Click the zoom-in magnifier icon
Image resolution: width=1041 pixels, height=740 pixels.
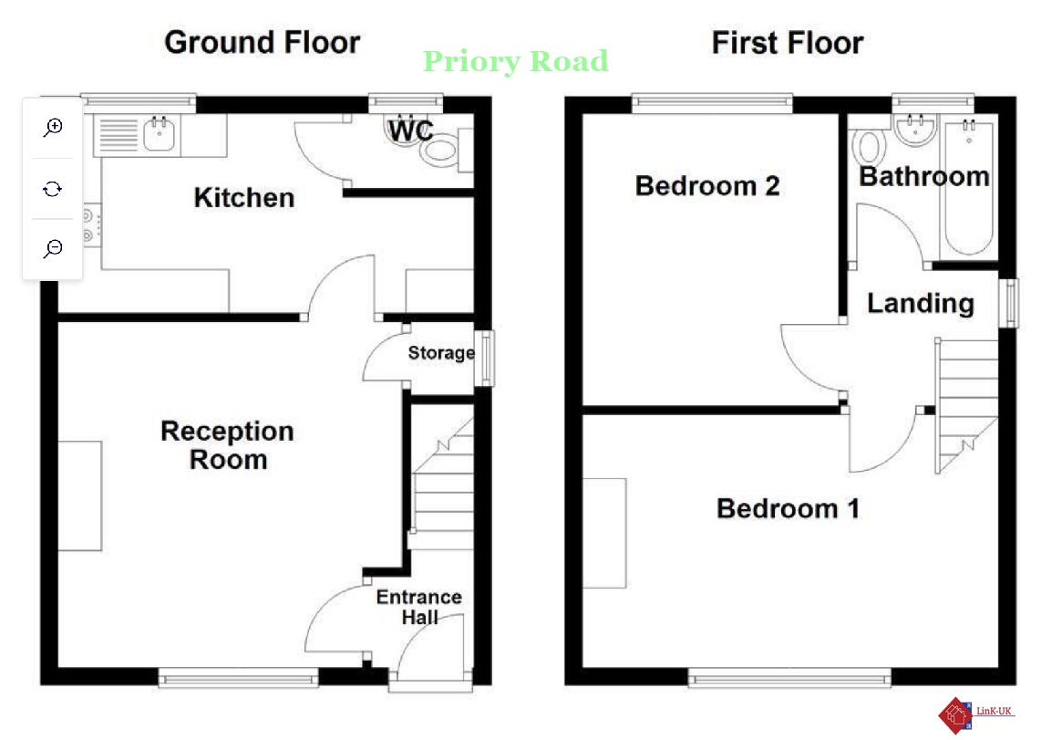click(53, 127)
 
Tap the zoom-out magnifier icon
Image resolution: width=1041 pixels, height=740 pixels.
click(53, 248)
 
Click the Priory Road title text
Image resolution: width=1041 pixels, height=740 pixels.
click(516, 62)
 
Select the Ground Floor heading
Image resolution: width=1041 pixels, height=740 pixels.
click(263, 43)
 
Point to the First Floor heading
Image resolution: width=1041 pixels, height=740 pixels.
click(788, 43)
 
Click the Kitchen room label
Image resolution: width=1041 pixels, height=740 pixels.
click(244, 198)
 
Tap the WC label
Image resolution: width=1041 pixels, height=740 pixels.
click(411, 130)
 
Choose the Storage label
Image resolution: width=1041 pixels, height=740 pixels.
click(441, 353)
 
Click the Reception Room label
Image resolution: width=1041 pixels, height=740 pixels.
click(228, 445)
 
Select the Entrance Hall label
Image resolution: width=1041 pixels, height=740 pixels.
click(419, 607)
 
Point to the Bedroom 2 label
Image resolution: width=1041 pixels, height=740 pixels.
click(707, 186)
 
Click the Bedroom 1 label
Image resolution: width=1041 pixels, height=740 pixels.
click(788, 509)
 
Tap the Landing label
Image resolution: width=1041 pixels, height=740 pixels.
click(921, 304)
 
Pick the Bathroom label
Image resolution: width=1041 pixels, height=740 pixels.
click(924, 177)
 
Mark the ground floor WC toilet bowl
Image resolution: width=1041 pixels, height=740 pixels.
click(438, 151)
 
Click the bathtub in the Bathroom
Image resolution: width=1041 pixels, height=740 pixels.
click(969, 187)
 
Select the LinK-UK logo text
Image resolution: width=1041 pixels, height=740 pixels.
click(994, 712)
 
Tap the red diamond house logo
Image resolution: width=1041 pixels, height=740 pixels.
click(954, 715)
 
